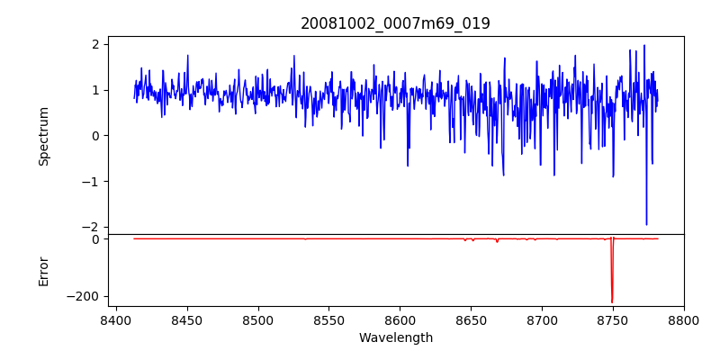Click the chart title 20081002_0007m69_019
(395, 23)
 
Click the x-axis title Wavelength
(395, 338)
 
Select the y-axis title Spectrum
(43, 136)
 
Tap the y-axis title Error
(43, 271)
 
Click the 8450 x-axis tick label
(187, 319)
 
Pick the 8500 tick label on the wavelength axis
(258, 319)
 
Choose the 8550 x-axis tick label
(329, 319)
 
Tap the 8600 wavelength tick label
(400, 319)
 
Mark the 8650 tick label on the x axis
(472, 319)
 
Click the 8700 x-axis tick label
(543, 319)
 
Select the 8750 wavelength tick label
(613, 319)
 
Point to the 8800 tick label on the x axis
(684, 319)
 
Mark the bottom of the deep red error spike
(612, 302)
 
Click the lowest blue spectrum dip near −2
(646, 224)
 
